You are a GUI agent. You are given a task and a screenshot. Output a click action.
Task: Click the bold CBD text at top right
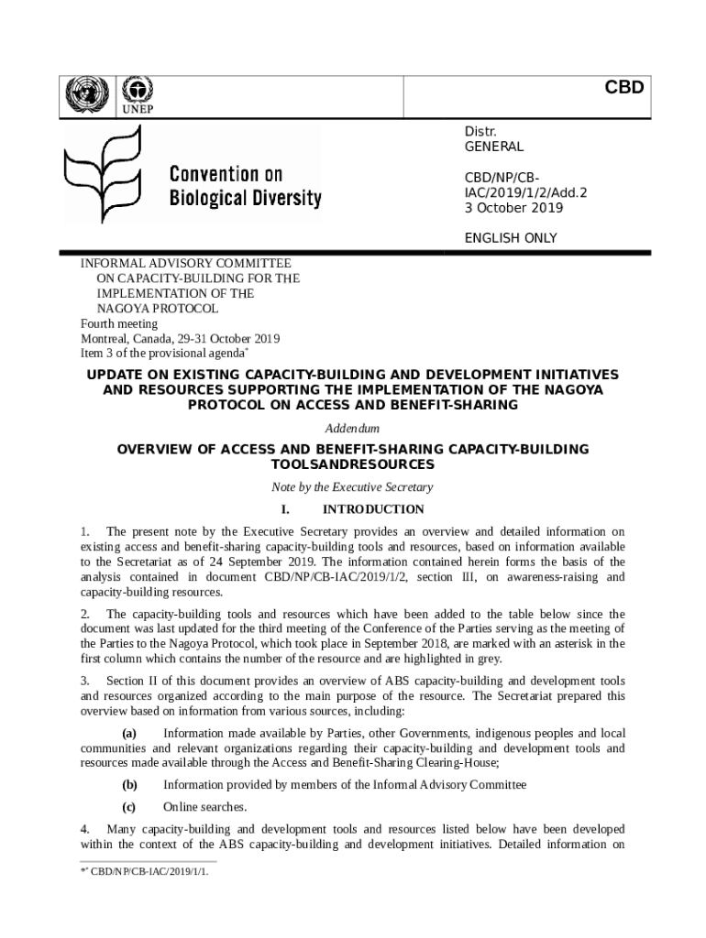coord(623,88)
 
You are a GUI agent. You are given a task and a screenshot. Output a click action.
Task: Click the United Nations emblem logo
coord(88,93)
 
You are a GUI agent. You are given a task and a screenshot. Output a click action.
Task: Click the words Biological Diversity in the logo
coord(245,198)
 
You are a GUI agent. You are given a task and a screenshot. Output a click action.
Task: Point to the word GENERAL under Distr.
coord(493,147)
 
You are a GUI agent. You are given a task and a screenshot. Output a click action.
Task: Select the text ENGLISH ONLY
coord(511,238)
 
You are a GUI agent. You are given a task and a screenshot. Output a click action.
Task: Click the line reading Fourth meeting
coord(119,323)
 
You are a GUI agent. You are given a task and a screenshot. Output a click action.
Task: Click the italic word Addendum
coord(352,428)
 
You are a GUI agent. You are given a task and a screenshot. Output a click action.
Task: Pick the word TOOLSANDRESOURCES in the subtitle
coord(353,464)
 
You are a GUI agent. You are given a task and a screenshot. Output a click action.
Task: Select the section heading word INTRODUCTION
coord(373,509)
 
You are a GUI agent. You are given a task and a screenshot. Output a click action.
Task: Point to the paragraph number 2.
coord(84,614)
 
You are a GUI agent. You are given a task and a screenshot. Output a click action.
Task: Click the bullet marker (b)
coord(129,784)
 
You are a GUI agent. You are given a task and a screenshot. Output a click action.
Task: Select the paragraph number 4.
coord(84,829)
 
